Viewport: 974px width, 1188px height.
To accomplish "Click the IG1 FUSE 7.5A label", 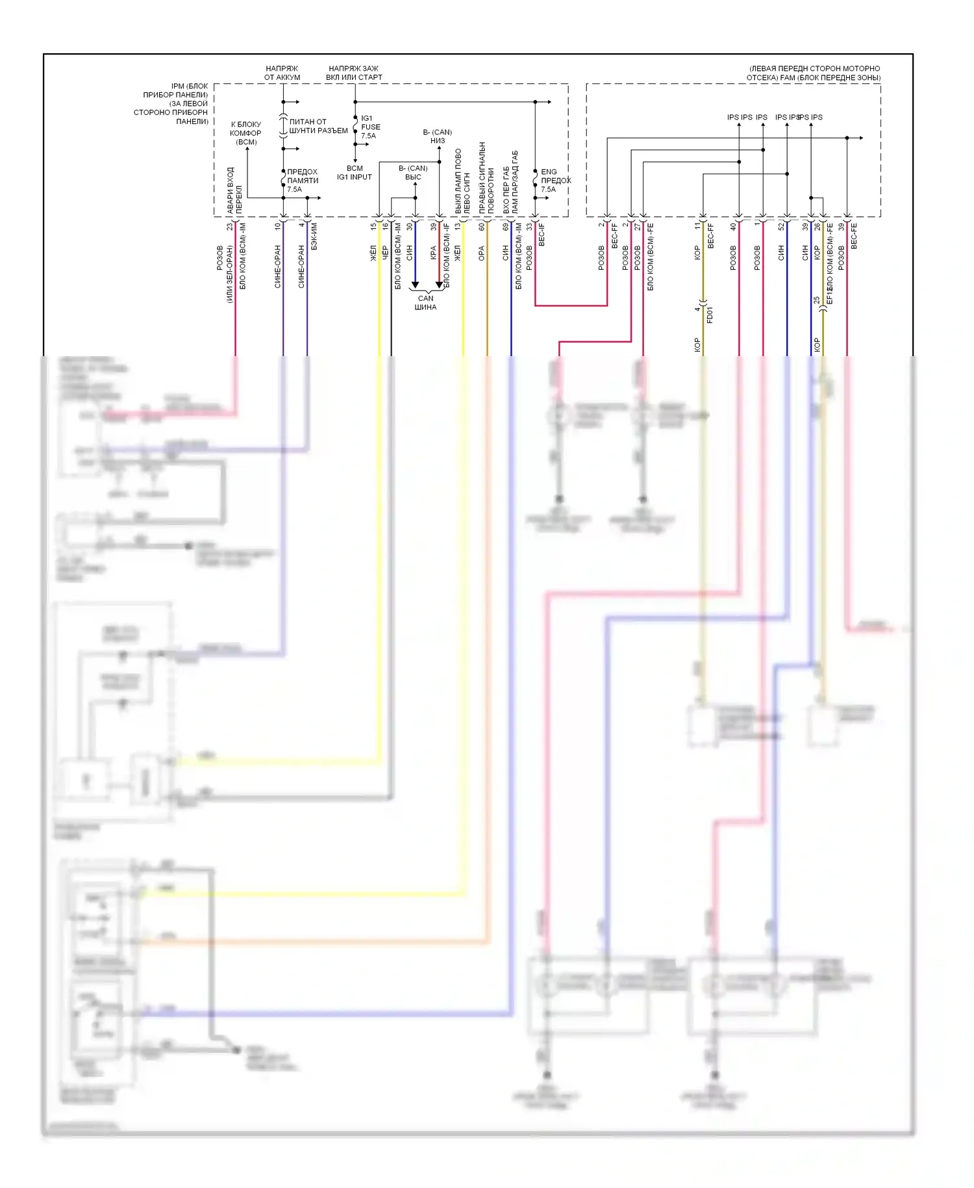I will coord(370,127).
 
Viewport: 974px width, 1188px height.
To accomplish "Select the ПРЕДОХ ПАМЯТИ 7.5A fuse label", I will coord(302,181).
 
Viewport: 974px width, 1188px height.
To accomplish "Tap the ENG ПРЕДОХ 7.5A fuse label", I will coord(555,181).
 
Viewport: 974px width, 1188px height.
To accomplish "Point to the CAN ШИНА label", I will coord(426,303).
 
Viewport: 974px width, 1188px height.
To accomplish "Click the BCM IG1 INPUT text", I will coord(355,172).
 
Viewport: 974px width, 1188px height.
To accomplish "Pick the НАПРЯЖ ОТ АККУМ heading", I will coord(282,73).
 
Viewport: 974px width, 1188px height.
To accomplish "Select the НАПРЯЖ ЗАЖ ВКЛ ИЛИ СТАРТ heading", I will coord(354,73).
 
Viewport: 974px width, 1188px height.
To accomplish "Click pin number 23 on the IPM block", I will coord(229,227).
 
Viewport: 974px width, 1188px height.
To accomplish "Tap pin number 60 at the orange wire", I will coord(481,227).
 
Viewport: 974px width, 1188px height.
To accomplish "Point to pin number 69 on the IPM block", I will coord(505,227).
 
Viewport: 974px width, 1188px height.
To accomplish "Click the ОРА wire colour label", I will coord(481,253).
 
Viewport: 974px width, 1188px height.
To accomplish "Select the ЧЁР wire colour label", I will coord(385,252).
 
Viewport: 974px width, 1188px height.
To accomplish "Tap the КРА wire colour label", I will coord(433,252).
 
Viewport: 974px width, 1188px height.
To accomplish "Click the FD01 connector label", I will coord(710,315).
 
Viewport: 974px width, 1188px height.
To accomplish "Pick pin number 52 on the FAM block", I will coord(781,227).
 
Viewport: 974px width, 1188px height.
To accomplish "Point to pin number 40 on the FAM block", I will coord(733,227).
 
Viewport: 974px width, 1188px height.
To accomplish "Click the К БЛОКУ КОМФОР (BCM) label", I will coord(246,133).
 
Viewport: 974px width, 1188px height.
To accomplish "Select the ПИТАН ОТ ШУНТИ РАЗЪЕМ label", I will coord(318,126).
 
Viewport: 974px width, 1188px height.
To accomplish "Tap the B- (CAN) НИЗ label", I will coord(438,136).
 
